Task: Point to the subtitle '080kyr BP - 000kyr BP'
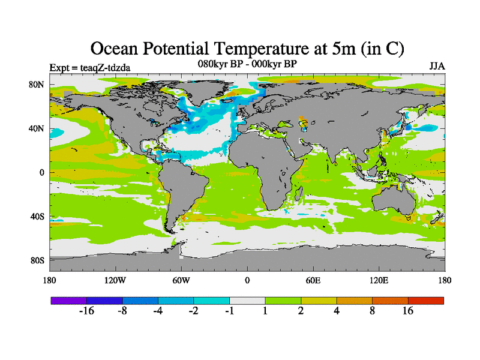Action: (247, 63)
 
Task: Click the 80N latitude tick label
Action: (37, 85)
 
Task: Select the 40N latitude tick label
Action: (37, 128)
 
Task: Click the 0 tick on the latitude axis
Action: (42, 172)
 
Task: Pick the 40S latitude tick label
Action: (37, 217)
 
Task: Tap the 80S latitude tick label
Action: (37, 260)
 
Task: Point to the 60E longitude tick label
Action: (313, 280)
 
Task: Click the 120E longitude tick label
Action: (379, 280)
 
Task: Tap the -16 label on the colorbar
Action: (87, 311)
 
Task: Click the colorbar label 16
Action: (408, 311)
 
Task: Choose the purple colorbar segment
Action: (68, 300)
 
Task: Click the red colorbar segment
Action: (426, 300)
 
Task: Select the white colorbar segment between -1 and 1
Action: (247, 300)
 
